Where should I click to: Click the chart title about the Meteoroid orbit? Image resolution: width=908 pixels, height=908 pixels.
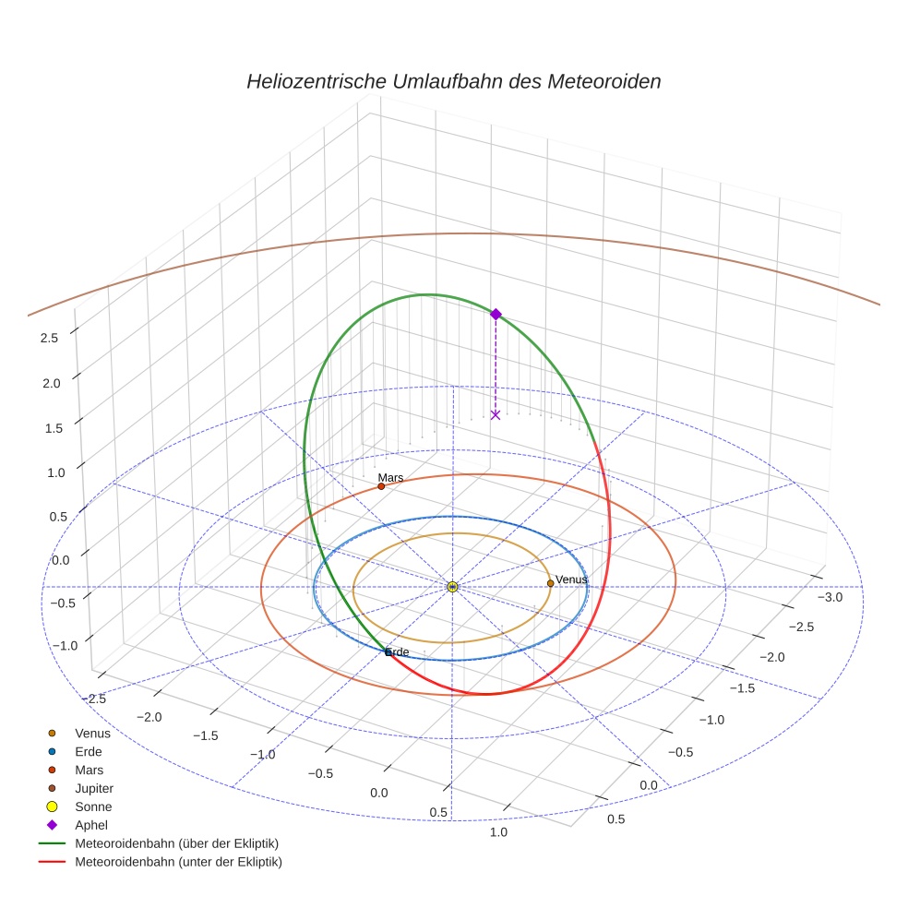point(453,81)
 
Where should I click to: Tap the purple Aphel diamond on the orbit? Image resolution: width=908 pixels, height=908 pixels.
point(496,314)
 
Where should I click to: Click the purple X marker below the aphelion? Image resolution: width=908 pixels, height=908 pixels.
point(496,415)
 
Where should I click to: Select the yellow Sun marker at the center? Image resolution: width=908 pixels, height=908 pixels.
point(452,587)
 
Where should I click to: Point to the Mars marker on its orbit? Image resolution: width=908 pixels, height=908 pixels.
point(381,486)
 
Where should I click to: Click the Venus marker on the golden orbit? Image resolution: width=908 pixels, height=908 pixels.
point(550,583)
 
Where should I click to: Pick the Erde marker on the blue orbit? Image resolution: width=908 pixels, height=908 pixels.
point(388,652)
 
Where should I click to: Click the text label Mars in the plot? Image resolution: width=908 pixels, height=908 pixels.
point(390,478)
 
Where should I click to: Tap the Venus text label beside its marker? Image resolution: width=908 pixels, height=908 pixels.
point(571,579)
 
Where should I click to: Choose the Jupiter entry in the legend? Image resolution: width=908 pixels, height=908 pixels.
point(94,789)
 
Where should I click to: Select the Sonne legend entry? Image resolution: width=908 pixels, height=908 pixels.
point(93,806)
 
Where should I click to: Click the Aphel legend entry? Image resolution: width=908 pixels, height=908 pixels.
point(92,825)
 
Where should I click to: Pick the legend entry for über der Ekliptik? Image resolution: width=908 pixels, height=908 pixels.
point(177,843)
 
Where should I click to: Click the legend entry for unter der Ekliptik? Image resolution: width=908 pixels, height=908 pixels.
point(178,862)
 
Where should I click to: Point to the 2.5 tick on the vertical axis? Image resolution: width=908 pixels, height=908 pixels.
point(49,338)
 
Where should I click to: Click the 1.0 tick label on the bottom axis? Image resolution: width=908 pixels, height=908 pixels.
point(498,832)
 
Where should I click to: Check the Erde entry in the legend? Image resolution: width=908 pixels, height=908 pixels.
point(89,752)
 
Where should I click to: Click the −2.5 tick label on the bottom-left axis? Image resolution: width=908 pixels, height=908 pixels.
point(94,699)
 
